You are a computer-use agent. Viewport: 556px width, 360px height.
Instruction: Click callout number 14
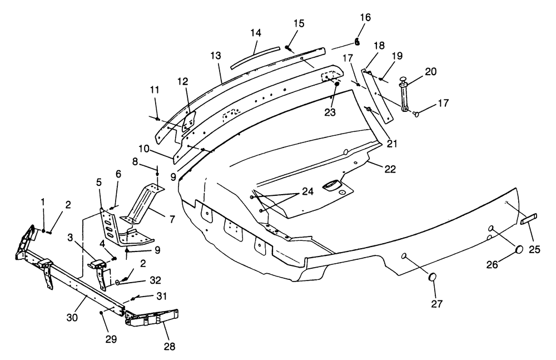point(255,33)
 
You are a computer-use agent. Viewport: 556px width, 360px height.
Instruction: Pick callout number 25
point(534,250)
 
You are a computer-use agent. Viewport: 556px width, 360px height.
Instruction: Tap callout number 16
point(365,18)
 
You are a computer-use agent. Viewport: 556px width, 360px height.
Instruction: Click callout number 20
point(431,71)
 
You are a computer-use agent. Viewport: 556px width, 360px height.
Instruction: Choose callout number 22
point(390,169)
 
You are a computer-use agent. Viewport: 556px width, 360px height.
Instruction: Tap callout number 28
point(168,346)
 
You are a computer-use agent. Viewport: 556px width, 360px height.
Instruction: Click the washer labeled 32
point(118,283)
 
